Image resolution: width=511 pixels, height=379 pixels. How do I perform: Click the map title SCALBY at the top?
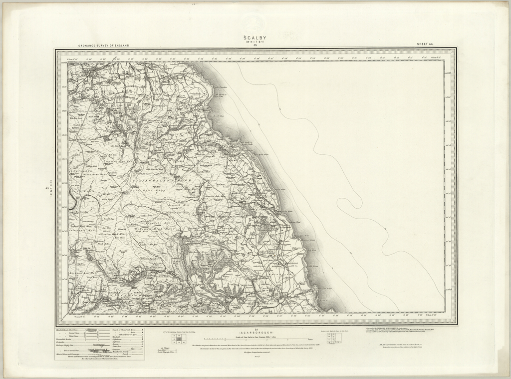(x=255, y=37)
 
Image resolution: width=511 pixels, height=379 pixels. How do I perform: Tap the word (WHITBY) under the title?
(x=255, y=42)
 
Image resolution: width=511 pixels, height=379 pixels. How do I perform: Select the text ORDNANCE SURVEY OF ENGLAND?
(x=103, y=45)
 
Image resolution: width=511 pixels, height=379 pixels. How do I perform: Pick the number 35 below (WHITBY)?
(x=255, y=46)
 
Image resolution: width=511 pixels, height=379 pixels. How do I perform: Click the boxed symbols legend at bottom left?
(x=99, y=344)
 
